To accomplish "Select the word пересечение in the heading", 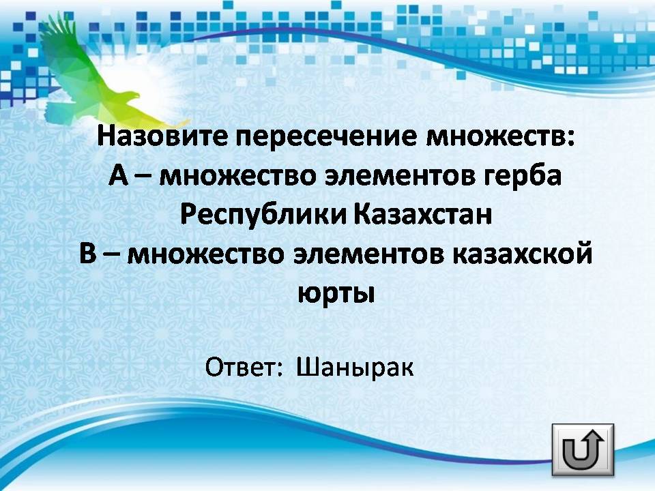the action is point(326,136).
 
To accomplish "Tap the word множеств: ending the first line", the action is point(500,136).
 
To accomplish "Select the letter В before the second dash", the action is point(88,253).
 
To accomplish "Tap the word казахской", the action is point(523,253).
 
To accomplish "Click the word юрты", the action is point(336,293).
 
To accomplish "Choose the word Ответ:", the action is point(245,367).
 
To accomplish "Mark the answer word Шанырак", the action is point(355,368).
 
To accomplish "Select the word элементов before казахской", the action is point(368,254).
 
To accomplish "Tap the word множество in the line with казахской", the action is point(205,254).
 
